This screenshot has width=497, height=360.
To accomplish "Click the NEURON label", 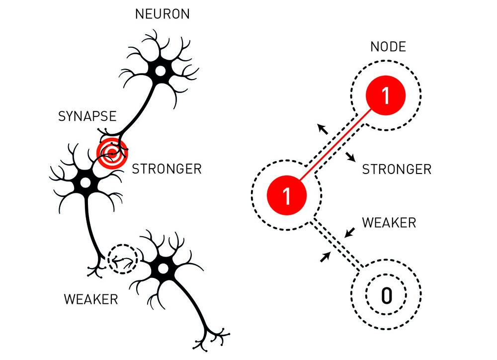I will [x=162, y=13].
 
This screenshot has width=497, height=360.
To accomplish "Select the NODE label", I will [x=388, y=47].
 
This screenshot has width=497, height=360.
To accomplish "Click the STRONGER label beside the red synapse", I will [x=166, y=169].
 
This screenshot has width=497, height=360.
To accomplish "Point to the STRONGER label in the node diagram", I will [x=396, y=169].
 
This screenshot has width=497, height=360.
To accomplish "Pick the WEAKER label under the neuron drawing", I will [x=91, y=299].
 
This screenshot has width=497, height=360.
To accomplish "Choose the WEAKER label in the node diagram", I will [x=389, y=222].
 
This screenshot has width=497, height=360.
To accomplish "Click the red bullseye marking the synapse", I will [x=112, y=153].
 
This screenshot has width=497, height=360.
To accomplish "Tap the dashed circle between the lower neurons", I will [x=122, y=259].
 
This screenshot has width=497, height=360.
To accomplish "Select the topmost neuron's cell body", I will [x=160, y=71].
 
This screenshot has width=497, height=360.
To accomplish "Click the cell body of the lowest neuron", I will [x=163, y=269].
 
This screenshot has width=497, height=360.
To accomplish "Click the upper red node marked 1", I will [x=386, y=95].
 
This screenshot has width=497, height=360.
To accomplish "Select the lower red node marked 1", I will [x=286, y=194].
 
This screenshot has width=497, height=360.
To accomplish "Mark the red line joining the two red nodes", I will [x=336, y=145].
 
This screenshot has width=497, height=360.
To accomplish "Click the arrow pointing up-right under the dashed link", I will [x=326, y=256].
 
